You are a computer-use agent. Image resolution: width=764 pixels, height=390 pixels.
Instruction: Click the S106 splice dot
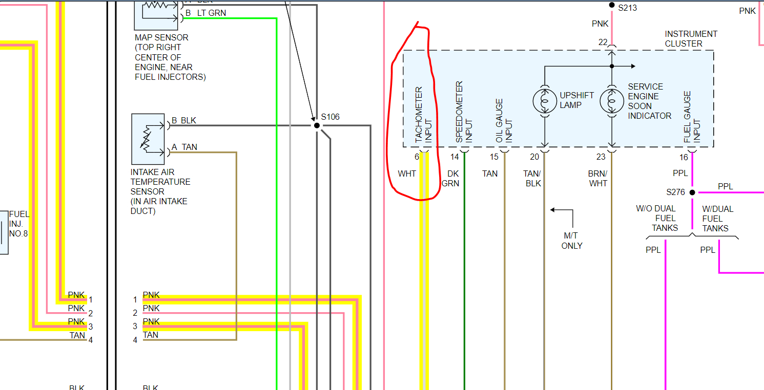317,125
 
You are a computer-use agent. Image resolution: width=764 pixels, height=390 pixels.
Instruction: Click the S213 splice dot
611,6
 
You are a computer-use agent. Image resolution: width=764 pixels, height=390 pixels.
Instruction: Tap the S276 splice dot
692,192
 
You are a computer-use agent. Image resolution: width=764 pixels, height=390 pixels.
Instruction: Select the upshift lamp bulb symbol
544,101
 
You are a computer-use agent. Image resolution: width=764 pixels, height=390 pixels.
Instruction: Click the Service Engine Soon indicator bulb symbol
611,101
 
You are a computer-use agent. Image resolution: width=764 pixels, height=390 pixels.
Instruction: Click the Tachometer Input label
424,115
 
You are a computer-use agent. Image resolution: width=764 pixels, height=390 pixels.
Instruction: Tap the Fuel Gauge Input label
692,117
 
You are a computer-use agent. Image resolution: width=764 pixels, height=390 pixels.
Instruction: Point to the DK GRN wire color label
450,179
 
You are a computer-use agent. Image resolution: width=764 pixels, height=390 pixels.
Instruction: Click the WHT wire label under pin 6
407,174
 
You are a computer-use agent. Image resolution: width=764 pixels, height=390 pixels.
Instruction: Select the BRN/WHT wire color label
597,179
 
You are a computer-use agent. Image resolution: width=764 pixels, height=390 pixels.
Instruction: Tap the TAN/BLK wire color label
533,179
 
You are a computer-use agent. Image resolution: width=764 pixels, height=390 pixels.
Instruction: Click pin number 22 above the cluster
603,42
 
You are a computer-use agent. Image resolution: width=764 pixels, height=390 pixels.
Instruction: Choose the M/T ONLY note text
572,241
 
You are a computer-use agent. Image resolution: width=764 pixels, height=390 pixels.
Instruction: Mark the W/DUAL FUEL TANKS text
717,219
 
